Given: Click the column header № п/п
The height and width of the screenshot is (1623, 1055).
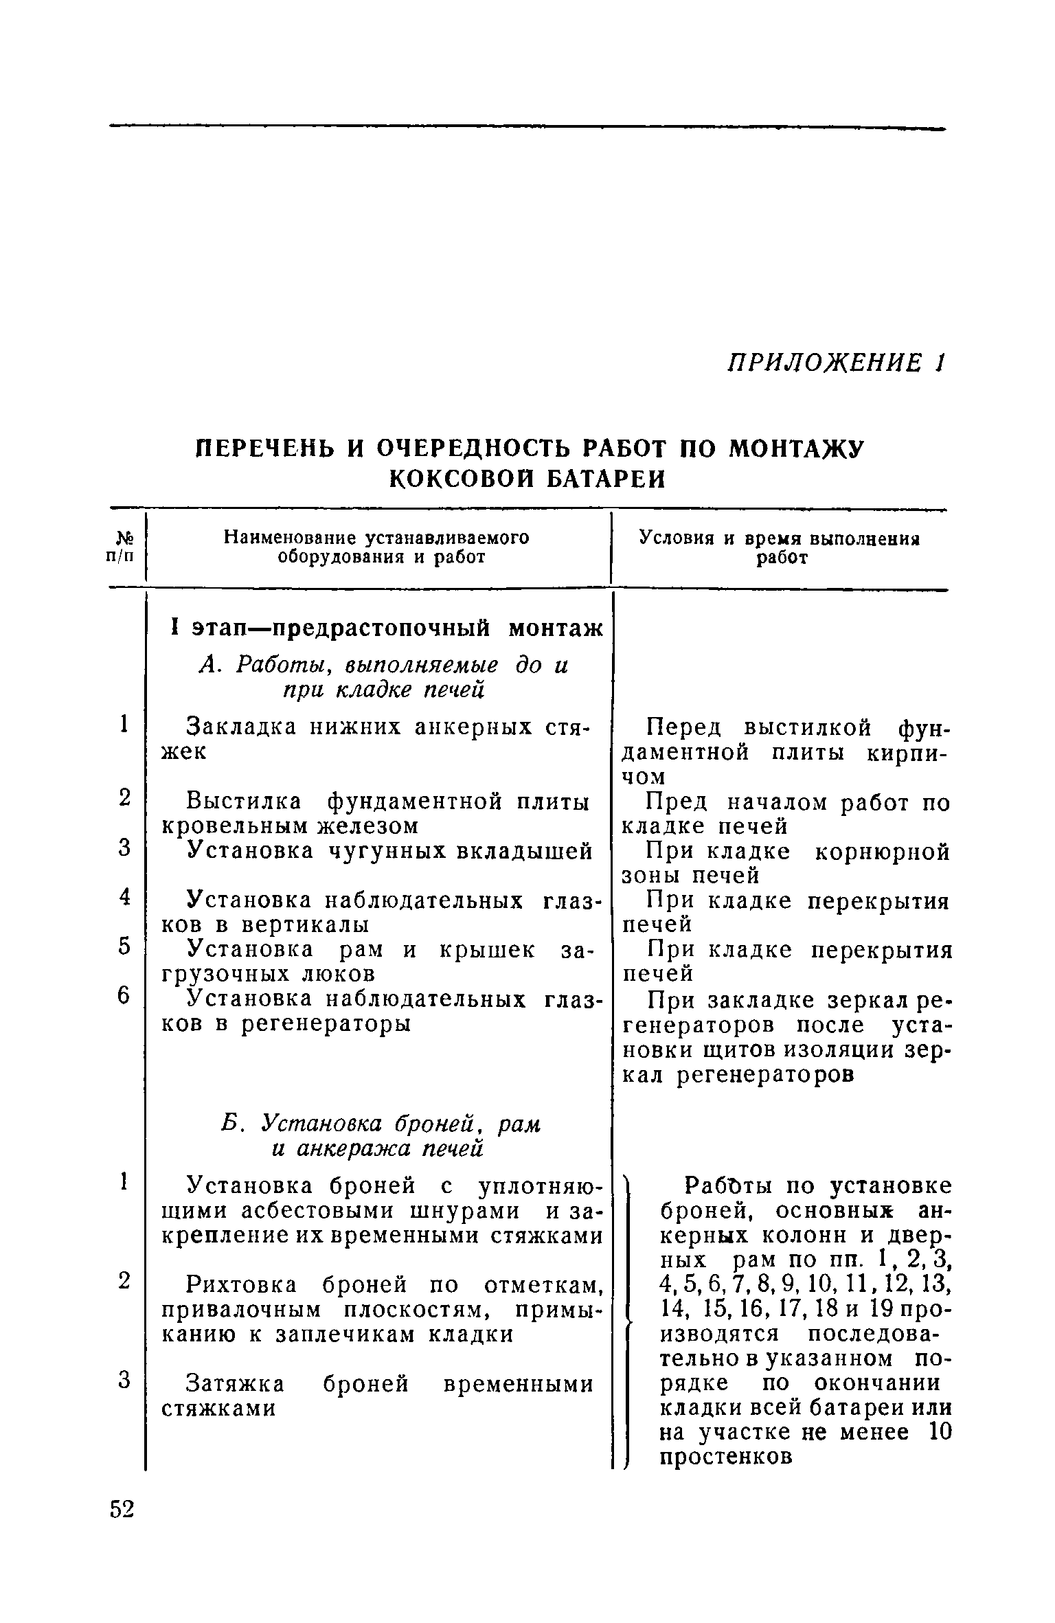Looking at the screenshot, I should pyautogui.click(x=124, y=547).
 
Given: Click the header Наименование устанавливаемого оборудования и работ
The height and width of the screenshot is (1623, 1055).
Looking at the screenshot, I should pyautogui.click(x=378, y=547).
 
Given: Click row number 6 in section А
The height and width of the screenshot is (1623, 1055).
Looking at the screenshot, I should pyautogui.click(x=124, y=996).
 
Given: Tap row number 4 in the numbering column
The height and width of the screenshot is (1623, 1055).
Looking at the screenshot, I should pyautogui.click(x=124, y=897).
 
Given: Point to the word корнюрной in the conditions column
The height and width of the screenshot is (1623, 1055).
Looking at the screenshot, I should pyautogui.click(x=882, y=852).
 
